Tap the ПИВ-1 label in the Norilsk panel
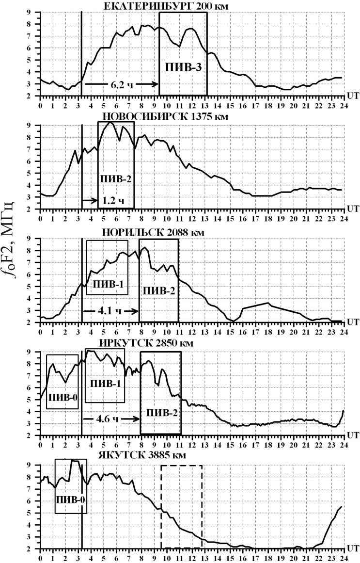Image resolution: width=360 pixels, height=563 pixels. click(107, 284)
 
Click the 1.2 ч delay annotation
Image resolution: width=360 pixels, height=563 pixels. click(112, 199)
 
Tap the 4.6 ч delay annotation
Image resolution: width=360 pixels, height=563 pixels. click(110, 417)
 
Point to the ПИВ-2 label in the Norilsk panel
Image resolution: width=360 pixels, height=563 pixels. click(158, 291)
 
